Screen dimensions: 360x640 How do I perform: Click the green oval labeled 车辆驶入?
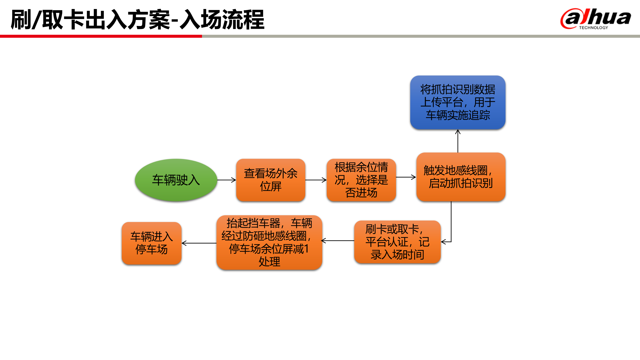click(x=176, y=180)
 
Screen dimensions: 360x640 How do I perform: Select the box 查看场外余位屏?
click(x=270, y=180)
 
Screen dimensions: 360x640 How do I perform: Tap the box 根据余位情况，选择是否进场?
click(x=361, y=180)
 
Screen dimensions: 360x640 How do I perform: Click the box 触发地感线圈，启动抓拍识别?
click(x=460, y=177)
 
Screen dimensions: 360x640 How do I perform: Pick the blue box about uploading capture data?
click(x=457, y=102)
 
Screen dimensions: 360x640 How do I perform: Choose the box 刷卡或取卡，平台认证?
click(x=397, y=242)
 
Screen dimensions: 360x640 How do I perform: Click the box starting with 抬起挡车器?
click(x=269, y=242)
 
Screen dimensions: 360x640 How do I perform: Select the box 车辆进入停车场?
click(x=151, y=243)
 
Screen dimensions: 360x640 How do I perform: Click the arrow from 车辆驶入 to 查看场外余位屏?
click(x=226, y=180)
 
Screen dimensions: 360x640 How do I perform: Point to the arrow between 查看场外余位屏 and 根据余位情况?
click(x=316, y=180)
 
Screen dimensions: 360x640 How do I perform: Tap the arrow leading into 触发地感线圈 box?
click(x=406, y=177)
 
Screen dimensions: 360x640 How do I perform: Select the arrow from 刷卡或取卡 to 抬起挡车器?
click(x=338, y=241)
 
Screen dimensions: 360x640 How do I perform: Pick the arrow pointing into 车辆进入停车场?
click(x=199, y=243)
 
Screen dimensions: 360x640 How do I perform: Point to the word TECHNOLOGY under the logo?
click(x=593, y=28)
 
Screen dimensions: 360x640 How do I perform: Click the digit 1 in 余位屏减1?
click(x=307, y=249)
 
